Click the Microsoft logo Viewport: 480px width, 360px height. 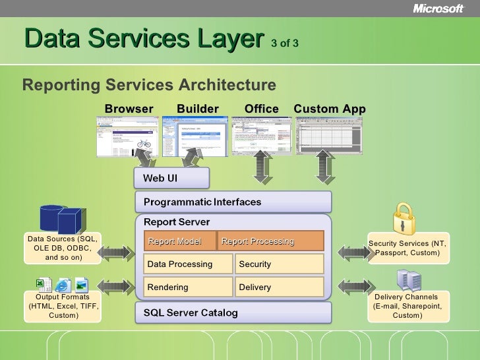click(x=438, y=9)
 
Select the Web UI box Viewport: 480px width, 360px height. click(x=171, y=178)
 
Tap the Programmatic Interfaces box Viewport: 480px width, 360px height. click(x=233, y=202)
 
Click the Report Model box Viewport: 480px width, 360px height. click(x=179, y=241)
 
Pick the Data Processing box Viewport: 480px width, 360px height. click(x=188, y=264)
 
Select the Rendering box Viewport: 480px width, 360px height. click(x=188, y=287)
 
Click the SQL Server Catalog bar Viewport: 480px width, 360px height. click(x=233, y=313)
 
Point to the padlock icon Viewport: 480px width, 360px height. click(x=403, y=218)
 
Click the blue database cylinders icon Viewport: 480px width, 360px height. click(x=61, y=219)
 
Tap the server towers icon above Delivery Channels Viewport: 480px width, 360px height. click(x=409, y=281)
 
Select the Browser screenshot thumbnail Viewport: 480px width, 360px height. click(x=128, y=136)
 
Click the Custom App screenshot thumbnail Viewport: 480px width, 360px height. click(x=329, y=135)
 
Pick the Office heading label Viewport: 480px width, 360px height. click(x=261, y=109)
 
